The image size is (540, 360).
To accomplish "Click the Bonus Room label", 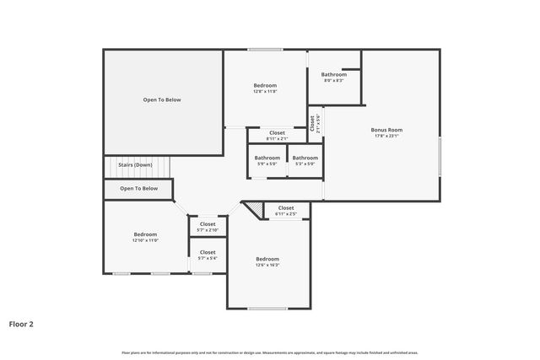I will pyautogui.click(x=386, y=130).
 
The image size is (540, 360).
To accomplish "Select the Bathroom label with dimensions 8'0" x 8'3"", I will pyautogui.click(x=333, y=74).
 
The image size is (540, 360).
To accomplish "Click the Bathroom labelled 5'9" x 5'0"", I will pyautogui.click(x=267, y=158).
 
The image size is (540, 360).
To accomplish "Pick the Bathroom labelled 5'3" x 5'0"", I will pyautogui.click(x=305, y=158).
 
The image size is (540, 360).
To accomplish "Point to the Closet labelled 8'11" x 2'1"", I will pyautogui.click(x=277, y=132).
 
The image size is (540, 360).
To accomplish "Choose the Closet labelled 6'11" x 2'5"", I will pyautogui.click(x=286, y=207).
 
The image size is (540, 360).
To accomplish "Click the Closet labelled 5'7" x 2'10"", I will pyautogui.click(x=208, y=224).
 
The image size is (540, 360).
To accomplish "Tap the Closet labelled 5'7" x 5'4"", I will pyautogui.click(x=208, y=252).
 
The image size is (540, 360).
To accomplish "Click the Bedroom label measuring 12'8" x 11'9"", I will pyautogui.click(x=265, y=85).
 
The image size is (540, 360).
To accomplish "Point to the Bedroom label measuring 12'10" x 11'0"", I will pyautogui.click(x=145, y=234).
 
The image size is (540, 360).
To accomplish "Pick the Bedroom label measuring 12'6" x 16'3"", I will pyautogui.click(x=267, y=259).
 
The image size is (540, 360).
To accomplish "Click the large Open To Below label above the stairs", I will pyautogui.click(x=162, y=99).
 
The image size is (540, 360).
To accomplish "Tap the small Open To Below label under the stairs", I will pyautogui.click(x=138, y=188).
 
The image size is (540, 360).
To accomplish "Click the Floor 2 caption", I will pyautogui.click(x=21, y=323).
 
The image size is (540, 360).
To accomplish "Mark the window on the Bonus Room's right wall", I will pyautogui.click(x=440, y=156).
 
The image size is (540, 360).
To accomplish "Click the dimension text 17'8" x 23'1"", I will pyautogui.click(x=386, y=136).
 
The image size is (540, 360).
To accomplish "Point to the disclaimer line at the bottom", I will pyautogui.click(x=270, y=352).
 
